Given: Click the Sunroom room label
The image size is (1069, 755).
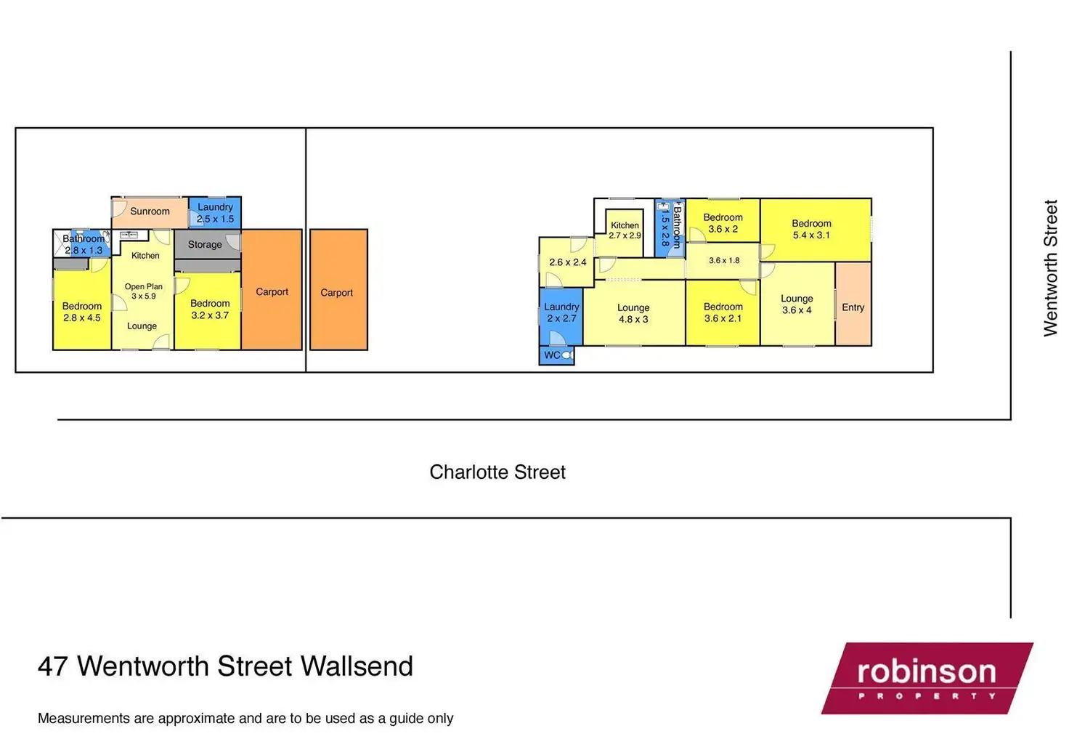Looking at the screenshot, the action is tap(150, 211).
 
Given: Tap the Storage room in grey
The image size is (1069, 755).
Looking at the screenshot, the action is tap(205, 245).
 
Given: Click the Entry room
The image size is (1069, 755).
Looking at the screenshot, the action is tap(853, 307).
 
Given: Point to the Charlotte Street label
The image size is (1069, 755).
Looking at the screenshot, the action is tap(497, 472).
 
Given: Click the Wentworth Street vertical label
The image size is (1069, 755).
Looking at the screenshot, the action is tap(1050, 267).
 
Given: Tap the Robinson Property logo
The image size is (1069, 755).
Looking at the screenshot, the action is tap(927, 678).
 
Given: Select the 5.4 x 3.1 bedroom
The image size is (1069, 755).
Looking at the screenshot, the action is tap(812, 230).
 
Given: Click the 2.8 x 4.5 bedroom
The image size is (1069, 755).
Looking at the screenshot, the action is tap(82, 312).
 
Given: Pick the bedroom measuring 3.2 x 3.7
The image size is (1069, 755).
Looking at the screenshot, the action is tap(210, 310).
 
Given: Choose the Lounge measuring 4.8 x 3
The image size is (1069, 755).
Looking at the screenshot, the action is tap(633, 313).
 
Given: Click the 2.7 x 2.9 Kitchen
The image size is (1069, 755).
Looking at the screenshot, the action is tap(625, 230).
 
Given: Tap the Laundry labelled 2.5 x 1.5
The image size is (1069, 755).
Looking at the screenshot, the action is tap(215, 213).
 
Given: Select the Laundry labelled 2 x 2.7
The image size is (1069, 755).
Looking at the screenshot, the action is tap(561, 312).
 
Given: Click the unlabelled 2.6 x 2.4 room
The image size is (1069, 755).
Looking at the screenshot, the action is tap(567, 262).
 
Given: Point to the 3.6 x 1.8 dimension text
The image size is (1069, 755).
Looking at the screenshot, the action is tap(724, 260).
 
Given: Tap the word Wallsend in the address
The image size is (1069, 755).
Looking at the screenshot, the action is tap(357, 666).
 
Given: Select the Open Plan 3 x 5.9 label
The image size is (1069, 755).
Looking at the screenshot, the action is tap(143, 291).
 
